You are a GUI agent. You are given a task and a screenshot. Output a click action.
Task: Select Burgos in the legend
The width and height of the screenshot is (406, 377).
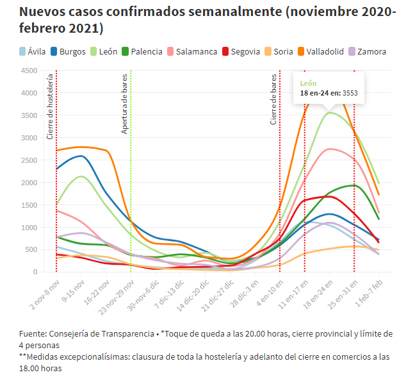[x=72, y=51]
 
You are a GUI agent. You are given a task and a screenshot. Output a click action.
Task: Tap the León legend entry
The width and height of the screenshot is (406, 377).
[x=106, y=51]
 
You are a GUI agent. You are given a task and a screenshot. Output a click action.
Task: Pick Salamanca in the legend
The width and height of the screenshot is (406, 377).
[x=196, y=51]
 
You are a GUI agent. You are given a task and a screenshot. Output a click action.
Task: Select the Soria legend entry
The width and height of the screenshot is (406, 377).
[x=283, y=51]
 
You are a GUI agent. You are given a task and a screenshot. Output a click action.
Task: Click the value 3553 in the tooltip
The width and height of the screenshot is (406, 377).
[x=350, y=93]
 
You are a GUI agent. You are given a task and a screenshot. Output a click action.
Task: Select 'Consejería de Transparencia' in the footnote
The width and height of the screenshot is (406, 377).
[x=95, y=334]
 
